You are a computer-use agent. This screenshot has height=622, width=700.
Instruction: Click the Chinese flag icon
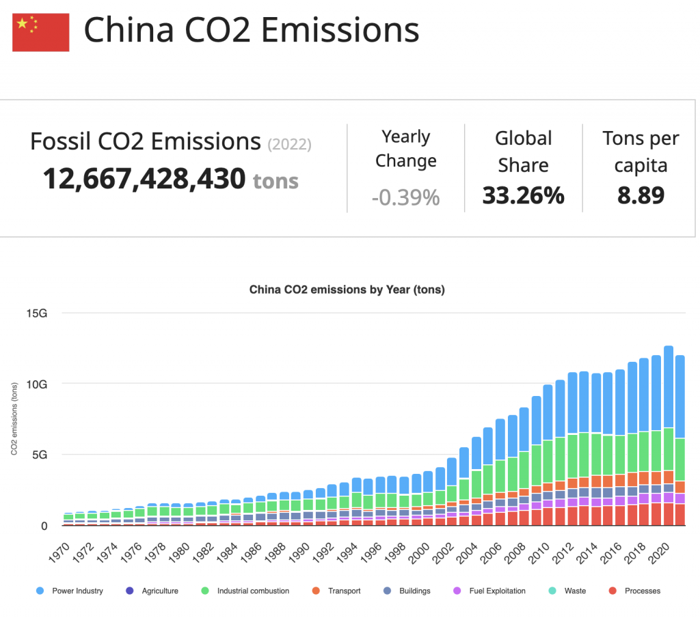click(x=41, y=32)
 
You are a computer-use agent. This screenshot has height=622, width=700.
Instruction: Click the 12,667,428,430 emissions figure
click(x=144, y=179)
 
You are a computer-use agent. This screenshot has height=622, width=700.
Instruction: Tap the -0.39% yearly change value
click(x=405, y=197)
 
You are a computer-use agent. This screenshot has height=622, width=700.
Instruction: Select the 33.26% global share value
click(x=523, y=195)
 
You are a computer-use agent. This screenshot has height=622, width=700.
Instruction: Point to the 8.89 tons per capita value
click(x=641, y=195)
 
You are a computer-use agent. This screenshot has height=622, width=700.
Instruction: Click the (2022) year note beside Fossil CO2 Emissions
click(x=290, y=144)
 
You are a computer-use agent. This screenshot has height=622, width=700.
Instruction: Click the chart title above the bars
click(x=347, y=289)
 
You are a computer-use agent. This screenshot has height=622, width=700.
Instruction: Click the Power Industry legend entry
click(x=77, y=591)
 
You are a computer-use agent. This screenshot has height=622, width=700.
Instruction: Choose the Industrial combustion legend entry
click(x=253, y=591)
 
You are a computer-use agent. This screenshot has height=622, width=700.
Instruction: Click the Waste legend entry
click(x=575, y=591)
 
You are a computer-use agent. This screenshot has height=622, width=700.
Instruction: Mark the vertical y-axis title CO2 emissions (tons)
click(x=14, y=419)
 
